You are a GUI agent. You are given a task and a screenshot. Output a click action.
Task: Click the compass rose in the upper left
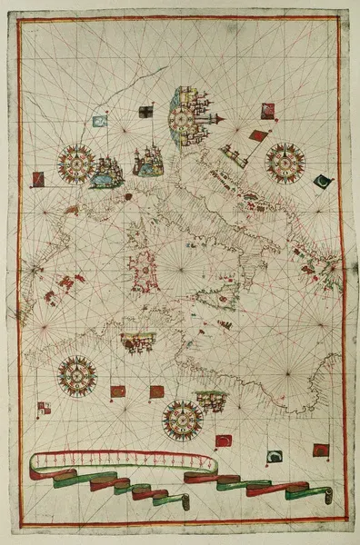point(76,163)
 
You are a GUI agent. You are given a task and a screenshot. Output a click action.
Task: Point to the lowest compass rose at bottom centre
point(182,420)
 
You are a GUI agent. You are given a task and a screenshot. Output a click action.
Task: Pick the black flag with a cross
point(145,113)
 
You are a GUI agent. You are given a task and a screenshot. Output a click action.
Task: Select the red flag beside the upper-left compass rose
point(38,178)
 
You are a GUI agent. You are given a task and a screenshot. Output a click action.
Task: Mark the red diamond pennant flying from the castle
point(258,136)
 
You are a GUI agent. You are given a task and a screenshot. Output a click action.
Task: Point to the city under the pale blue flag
point(108,170)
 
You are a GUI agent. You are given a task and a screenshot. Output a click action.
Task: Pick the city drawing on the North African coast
point(137,342)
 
